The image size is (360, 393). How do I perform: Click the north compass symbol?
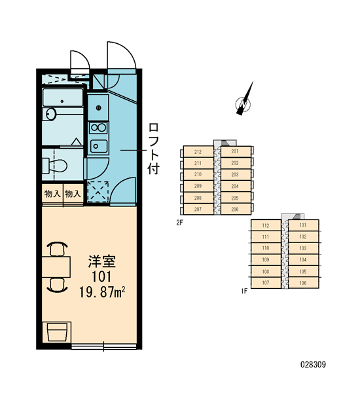(x=243, y=103)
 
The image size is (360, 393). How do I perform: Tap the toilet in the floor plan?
(x=54, y=166)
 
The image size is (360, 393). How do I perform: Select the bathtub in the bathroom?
(x=63, y=98)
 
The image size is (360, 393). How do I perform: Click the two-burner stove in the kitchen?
(x=98, y=128)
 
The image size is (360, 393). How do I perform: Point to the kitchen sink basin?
(x=98, y=146)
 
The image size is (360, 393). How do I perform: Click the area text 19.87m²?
(x=102, y=292)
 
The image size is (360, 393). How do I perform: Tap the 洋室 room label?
(x=101, y=261)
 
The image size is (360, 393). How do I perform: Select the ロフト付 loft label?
(x=153, y=149)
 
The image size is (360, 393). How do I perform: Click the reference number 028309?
(x=313, y=364)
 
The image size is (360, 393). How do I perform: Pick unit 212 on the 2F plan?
(x=198, y=152)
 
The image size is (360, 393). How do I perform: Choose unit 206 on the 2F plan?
(x=236, y=210)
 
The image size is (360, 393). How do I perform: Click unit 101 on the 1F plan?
(x=304, y=225)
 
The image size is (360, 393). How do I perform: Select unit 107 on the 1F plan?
(x=266, y=283)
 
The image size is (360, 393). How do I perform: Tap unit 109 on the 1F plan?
(x=266, y=260)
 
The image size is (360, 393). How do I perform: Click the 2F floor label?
(x=179, y=222)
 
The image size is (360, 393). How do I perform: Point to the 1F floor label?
(x=244, y=291)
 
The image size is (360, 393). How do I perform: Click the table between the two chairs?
(x=56, y=267)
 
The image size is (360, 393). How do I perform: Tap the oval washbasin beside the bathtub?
(x=51, y=114)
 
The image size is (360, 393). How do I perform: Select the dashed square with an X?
(x=98, y=192)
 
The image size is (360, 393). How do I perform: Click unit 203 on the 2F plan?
(x=236, y=175)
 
